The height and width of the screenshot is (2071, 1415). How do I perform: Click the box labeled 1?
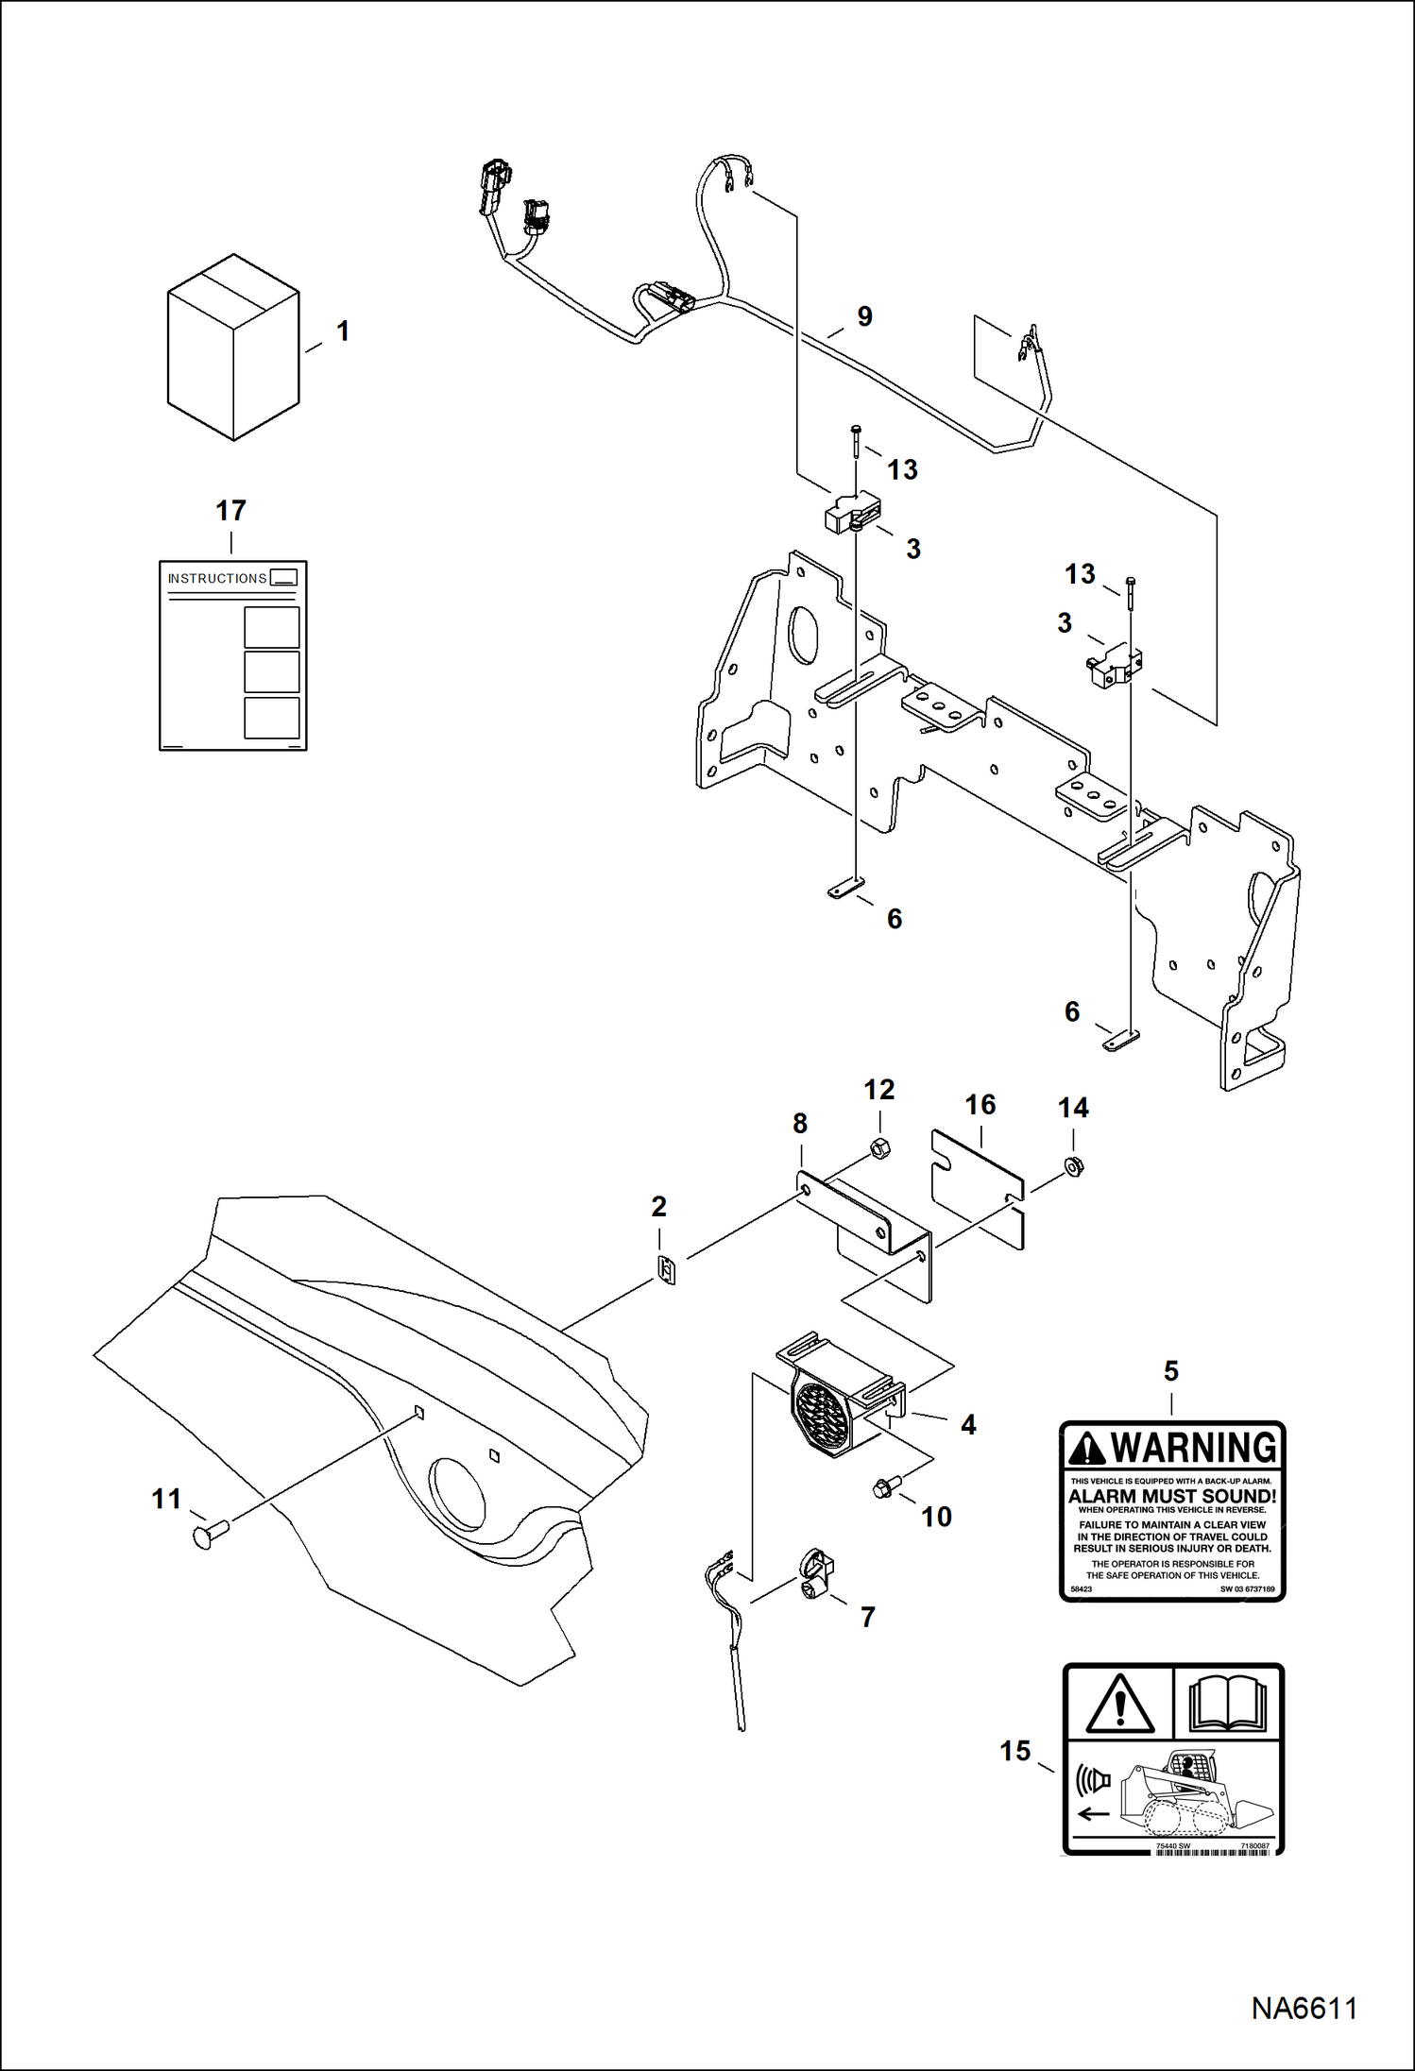click(x=233, y=348)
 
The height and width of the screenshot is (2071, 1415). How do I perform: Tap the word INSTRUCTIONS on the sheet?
click(x=216, y=578)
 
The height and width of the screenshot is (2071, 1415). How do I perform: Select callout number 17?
click(x=230, y=511)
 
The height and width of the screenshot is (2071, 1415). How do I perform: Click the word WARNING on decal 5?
click(x=1193, y=1448)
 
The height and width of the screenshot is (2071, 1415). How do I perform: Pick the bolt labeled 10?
click(x=885, y=1488)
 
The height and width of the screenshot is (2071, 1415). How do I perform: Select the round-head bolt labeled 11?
click(x=211, y=1535)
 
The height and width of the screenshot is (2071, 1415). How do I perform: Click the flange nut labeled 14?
click(x=1074, y=1166)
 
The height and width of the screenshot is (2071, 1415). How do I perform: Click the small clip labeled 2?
click(x=667, y=1271)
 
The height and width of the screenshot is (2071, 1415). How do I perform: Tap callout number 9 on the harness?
click(x=864, y=316)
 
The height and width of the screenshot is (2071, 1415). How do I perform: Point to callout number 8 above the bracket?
click(x=800, y=1124)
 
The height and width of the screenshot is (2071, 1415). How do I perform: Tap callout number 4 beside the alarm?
click(x=968, y=1425)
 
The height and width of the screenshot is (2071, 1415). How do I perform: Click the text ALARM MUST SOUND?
click(x=1171, y=1497)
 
